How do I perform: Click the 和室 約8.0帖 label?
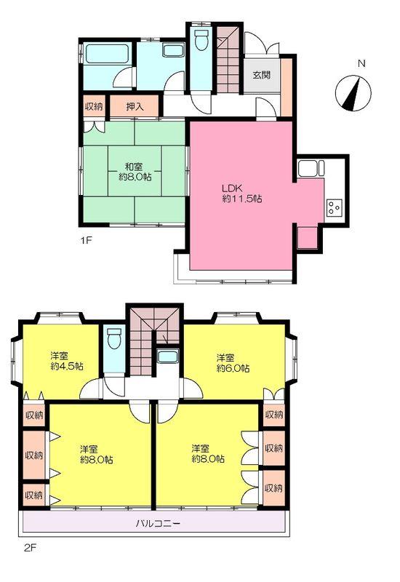pyautogui.click(x=135, y=170)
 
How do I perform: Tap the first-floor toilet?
pyautogui.click(x=201, y=41)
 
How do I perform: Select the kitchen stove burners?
pyautogui.click(x=335, y=207)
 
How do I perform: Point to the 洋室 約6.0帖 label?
pyautogui.click(x=232, y=363)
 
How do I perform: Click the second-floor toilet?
pyautogui.click(x=113, y=339)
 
